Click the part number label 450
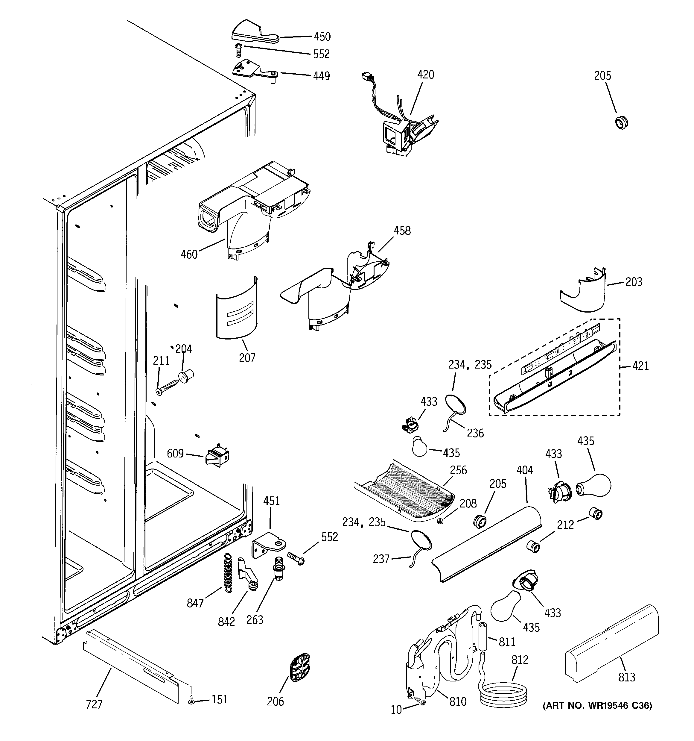[322, 37]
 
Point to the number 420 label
[425, 75]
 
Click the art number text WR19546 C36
[597, 706]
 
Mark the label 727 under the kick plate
[94, 704]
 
